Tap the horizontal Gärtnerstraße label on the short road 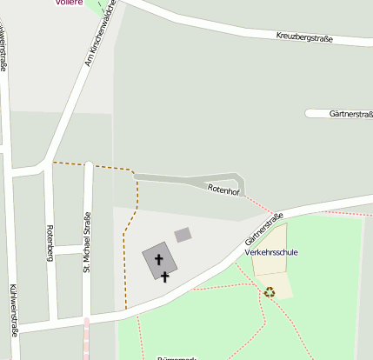coord(350,114)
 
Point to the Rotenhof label coord(223,190)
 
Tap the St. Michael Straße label coord(87,243)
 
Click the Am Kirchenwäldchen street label coord(99,42)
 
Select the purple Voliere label coord(69,3)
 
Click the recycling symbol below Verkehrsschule coord(270,292)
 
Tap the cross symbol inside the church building coord(159,259)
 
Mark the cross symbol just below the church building coord(165,277)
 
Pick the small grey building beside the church coord(183,235)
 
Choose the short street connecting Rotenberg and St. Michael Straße coord(70,250)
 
